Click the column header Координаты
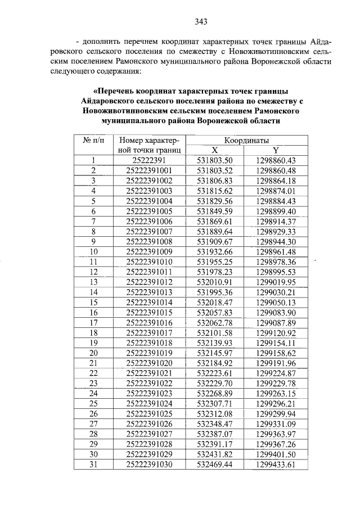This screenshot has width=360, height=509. point(246,140)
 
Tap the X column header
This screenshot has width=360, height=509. point(215,150)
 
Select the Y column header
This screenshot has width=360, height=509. point(276,150)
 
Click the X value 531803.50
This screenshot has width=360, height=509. point(215,160)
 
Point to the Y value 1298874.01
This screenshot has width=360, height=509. point(276,191)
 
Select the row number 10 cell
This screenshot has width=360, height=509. point(94,251)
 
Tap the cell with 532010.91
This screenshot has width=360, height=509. point(215,282)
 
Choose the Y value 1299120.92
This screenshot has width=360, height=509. point(276,332)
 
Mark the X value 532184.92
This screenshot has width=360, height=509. point(215,363)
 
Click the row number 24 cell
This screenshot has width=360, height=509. point(94,393)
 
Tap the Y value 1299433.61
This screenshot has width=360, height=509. point(276,464)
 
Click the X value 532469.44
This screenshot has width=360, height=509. point(215,464)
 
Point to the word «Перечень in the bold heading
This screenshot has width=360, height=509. point(116,91)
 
